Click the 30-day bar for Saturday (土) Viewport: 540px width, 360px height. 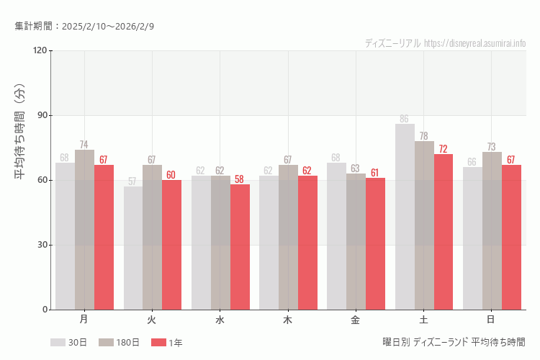click(405, 216)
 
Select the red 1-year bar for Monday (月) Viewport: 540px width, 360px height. click(104, 238)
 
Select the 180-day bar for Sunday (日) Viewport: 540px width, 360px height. click(492, 230)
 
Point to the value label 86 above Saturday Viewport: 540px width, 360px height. click(404, 119)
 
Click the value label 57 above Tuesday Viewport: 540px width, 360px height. click(132, 181)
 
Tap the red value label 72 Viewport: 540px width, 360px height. click(443, 149)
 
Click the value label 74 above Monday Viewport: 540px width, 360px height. click(84, 145)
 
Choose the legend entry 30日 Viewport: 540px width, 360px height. click(68, 343)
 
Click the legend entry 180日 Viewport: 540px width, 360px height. click(119, 343)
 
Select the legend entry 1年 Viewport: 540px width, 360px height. click(167, 343)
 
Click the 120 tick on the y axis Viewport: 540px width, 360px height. click(39, 50)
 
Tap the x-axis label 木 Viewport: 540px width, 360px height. click(287, 319)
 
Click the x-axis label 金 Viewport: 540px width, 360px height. click(356, 319)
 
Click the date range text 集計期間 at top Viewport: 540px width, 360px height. click(84, 26)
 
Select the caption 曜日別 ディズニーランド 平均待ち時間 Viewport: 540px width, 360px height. click(454, 342)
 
